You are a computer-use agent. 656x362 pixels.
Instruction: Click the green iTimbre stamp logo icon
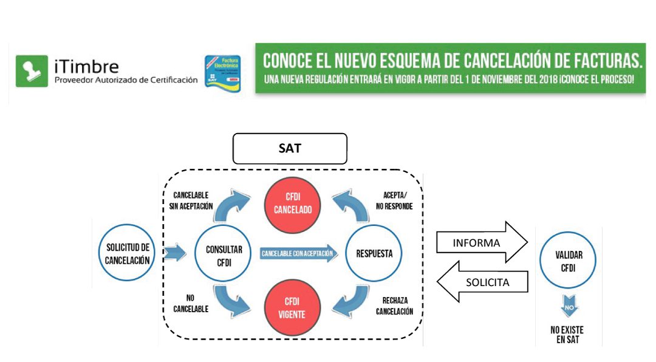[x=31, y=70]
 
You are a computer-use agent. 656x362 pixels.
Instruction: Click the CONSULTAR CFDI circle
[x=224, y=254]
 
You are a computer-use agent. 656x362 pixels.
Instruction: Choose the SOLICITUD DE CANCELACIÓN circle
[x=127, y=253]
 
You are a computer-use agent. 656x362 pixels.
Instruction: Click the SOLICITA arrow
[x=483, y=282]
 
